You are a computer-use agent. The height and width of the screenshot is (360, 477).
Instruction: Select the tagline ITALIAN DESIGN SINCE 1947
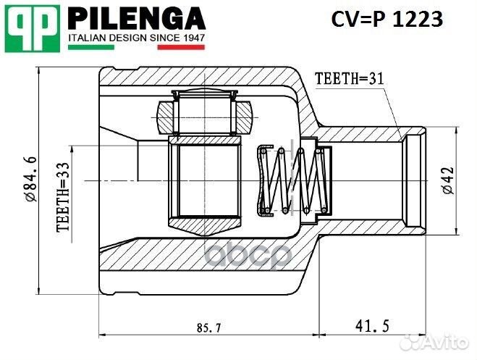coord(136,37)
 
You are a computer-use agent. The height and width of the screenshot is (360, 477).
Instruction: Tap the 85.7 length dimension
coord(207,327)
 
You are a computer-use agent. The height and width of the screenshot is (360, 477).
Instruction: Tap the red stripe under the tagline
coord(181,47)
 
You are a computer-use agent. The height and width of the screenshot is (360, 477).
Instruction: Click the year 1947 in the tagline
coord(192,37)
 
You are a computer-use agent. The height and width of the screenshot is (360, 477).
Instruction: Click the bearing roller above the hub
coord(203,112)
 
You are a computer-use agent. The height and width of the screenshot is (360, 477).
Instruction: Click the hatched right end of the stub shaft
coord(417,180)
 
